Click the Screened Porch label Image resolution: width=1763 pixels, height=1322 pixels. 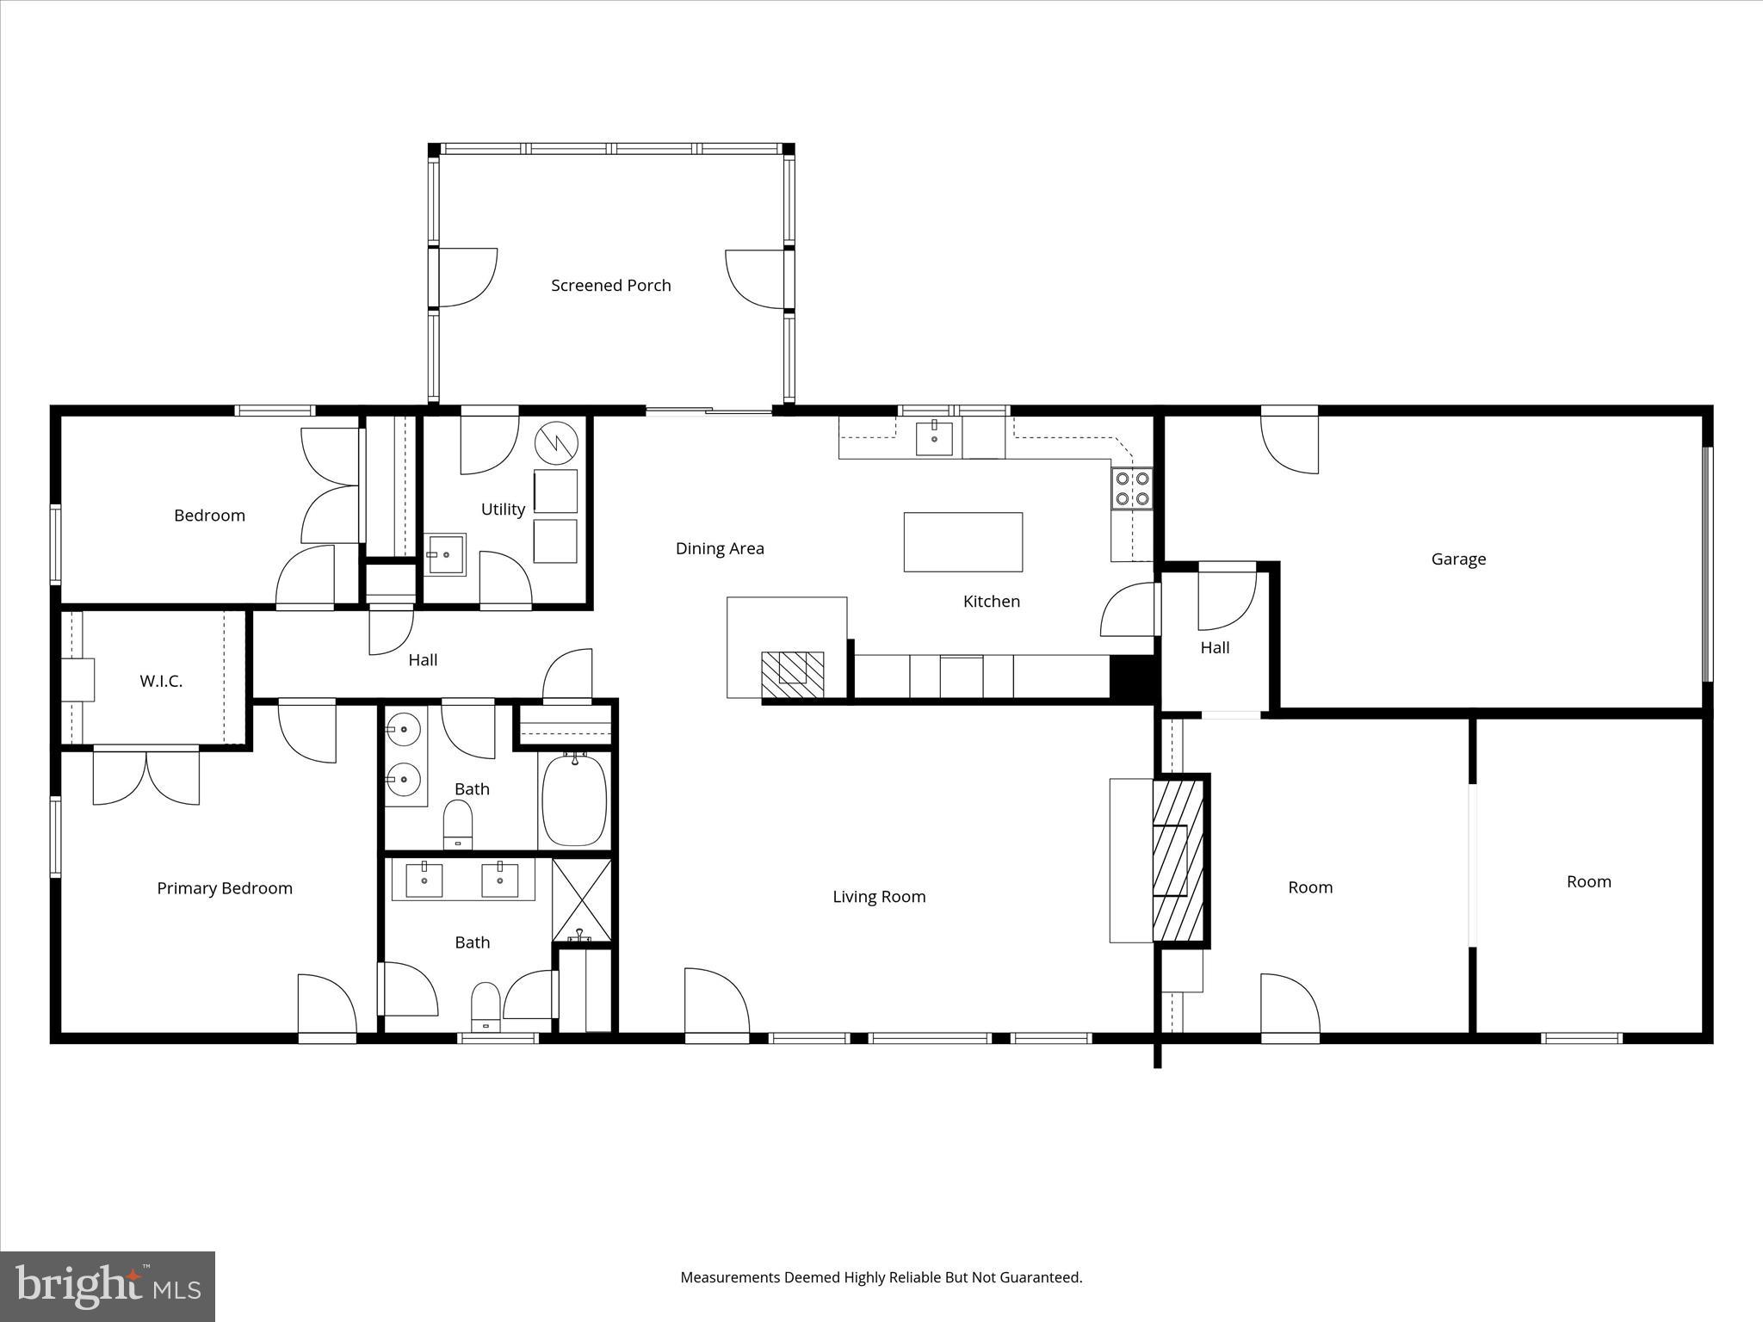point(610,285)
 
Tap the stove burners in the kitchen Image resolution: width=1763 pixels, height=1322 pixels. point(1131,488)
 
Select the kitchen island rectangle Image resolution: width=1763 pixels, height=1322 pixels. point(962,541)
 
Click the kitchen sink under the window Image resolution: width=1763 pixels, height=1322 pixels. point(934,437)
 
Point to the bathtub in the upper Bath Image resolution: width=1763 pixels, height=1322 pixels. point(574,800)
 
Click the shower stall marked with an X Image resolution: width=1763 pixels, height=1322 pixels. point(582,899)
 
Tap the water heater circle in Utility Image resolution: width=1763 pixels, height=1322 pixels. point(555,443)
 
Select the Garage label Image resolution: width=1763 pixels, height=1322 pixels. point(1458,559)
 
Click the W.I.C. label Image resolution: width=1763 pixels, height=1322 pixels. point(161,682)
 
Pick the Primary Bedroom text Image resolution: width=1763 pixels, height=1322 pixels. point(225,888)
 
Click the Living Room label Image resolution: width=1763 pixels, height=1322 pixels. point(879,897)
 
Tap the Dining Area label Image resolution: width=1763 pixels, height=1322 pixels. point(720,548)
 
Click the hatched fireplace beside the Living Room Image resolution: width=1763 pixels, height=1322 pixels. point(1178,861)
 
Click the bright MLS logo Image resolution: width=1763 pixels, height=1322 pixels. point(108,1287)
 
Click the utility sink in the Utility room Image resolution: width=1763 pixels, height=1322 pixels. point(446,554)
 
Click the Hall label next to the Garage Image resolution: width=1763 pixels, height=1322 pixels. point(1215,647)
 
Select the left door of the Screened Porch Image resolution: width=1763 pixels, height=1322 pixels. point(465,278)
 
